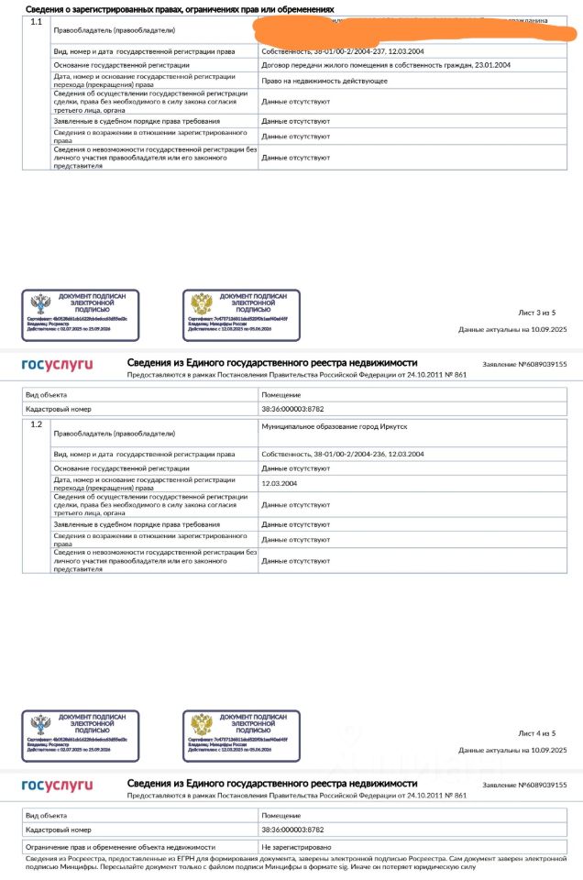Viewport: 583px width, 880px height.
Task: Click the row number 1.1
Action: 37,20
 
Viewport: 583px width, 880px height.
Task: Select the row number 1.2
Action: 37,424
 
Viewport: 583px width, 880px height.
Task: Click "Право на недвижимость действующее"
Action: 324,81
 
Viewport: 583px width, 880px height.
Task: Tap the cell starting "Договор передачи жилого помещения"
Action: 386,65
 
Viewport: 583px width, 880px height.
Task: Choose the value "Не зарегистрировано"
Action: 296,847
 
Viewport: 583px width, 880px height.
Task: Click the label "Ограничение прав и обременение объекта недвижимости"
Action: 120,847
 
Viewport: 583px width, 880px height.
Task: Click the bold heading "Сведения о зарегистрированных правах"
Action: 180,7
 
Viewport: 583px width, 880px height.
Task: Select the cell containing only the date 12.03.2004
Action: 280,483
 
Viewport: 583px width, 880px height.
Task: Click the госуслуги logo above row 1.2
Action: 57,365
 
